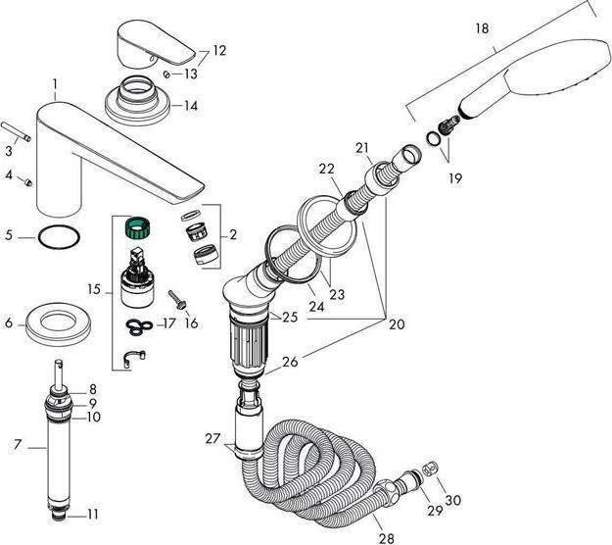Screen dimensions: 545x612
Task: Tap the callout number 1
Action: pos(56,85)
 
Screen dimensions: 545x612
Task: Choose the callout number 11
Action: pos(95,513)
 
